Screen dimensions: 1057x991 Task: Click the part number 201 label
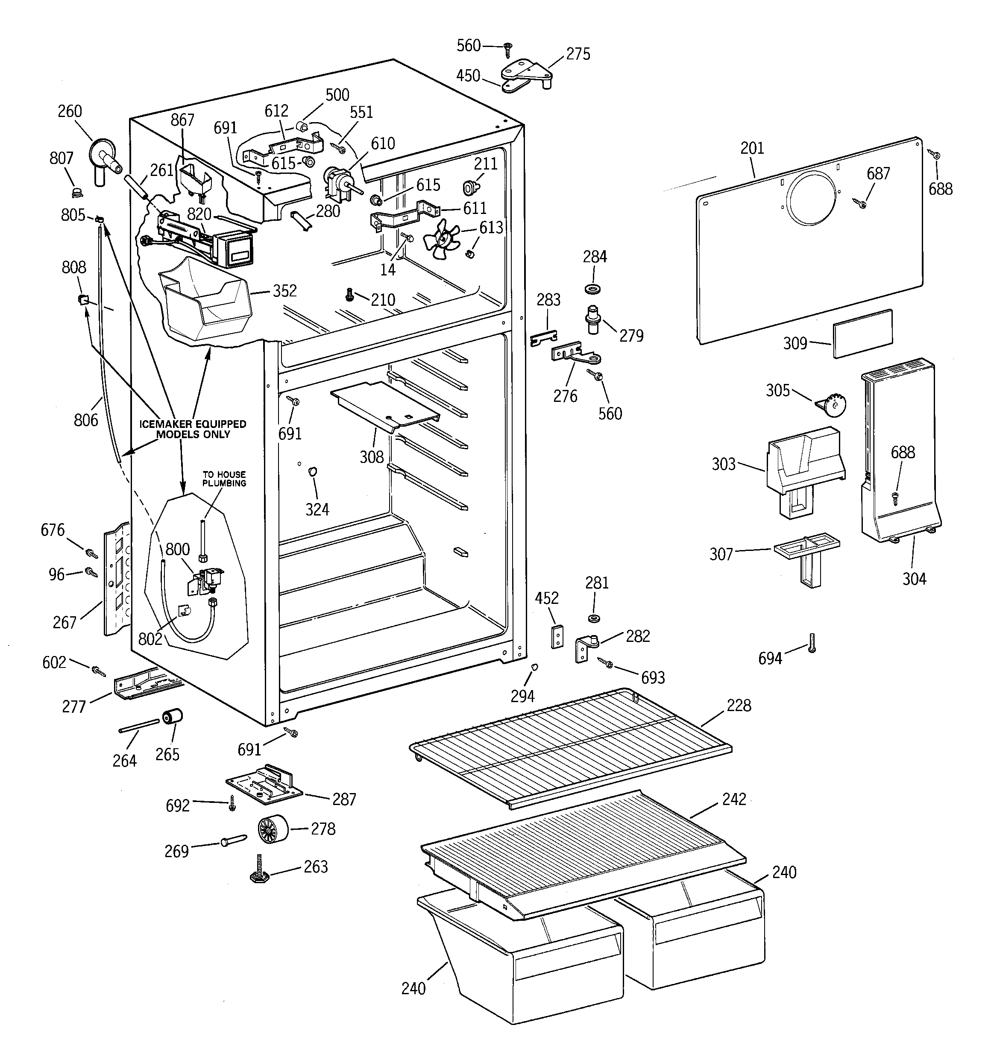pyautogui.click(x=752, y=148)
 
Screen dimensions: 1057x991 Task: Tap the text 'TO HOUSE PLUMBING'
pyautogui.click(x=224, y=478)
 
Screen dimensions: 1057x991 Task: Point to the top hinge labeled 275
pyautogui.click(x=525, y=73)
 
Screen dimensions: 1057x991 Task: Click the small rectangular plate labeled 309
pyautogui.click(x=862, y=334)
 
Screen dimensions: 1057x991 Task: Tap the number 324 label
pyautogui.click(x=317, y=509)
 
